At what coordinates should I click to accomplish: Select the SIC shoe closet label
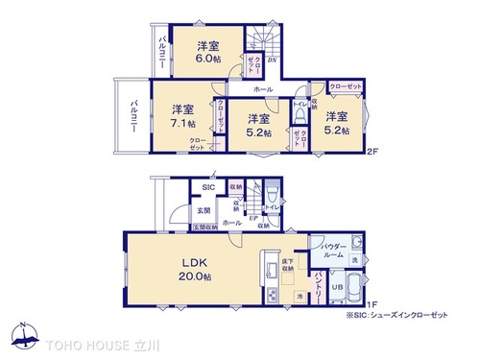point(206,188)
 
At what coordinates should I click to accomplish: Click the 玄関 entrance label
point(204,209)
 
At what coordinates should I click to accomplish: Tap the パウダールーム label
point(334,250)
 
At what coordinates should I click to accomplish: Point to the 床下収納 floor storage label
point(286,266)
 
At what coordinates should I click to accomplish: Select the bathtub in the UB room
point(355,285)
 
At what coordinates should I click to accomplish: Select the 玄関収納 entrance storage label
point(204,227)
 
